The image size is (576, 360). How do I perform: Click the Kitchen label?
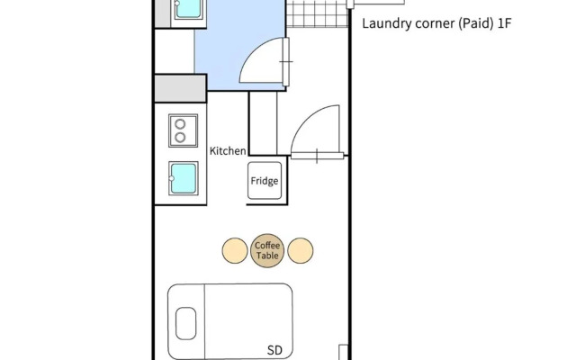click(x=228, y=151)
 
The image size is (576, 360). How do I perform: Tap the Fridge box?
click(x=265, y=181)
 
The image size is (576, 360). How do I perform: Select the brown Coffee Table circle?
click(x=267, y=250)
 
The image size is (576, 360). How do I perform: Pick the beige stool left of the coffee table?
click(x=235, y=250)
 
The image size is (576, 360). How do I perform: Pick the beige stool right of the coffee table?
click(x=301, y=250)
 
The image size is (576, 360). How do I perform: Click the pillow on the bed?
click(x=185, y=323)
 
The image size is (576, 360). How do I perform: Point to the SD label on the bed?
click(x=275, y=350)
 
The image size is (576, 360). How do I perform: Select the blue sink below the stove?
click(x=183, y=177)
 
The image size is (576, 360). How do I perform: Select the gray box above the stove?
click(x=181, y=88)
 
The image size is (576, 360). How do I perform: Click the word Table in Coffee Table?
click(x=267, y=256)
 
